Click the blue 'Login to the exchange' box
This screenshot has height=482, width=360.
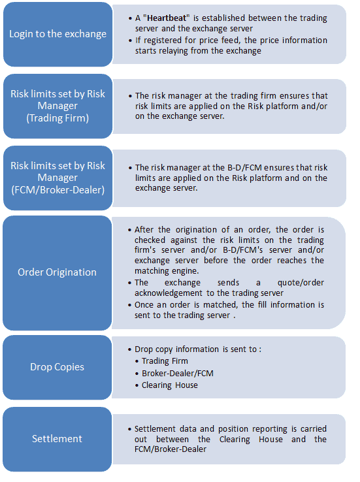57,34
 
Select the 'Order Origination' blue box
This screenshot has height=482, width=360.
57,272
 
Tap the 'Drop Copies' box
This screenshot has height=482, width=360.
57,367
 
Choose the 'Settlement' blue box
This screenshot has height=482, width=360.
57,439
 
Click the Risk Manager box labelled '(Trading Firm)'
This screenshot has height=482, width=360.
57,106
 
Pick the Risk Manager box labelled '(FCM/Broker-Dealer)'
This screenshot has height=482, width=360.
57,178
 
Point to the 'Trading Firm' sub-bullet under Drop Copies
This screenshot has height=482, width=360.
165,361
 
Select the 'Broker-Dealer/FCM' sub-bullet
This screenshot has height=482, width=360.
178,373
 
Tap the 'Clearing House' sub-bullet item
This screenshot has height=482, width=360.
170,385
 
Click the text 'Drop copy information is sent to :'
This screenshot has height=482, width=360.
198,349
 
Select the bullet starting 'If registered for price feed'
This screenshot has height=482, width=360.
231,45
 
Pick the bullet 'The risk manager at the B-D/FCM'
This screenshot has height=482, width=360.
231,178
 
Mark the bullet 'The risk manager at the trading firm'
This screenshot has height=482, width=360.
231,106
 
